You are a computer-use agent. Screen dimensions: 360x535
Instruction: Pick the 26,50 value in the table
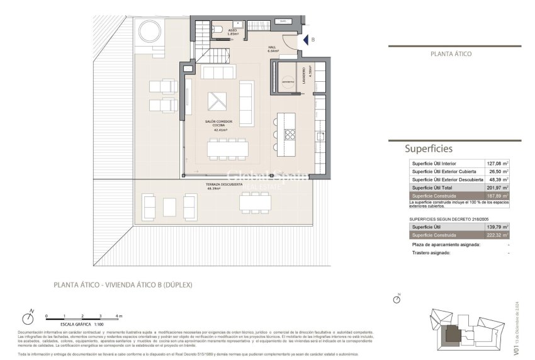tap(496, 171)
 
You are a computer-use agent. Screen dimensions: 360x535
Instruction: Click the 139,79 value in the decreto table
tap(495, 227)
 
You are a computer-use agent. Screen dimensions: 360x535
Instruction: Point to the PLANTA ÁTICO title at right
tap(451, 55)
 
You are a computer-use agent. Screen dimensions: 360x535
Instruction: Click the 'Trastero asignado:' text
tap(431, 253)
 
